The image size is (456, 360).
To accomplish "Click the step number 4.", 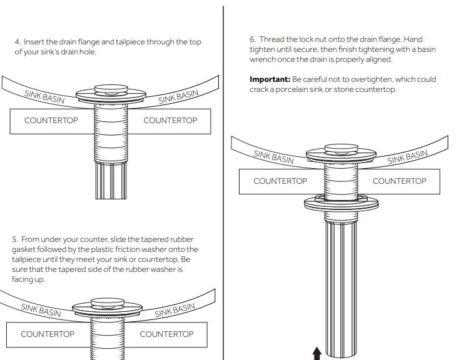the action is pyautogui.click(x=18, y=42).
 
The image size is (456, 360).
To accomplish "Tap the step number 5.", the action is pyautogui.click(x=15, y=239).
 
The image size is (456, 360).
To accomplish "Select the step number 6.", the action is pyautogui.click(x=253, y=39).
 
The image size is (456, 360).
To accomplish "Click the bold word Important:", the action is pyautogui.click(x=270, y=79).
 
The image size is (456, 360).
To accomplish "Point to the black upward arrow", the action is pyautogui.click(x=317, y=353).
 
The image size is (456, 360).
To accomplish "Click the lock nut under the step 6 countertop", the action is pyautogui.click(x=341, y=202).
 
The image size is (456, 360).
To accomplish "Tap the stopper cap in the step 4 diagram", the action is pyautogui.click(x=111, y=89).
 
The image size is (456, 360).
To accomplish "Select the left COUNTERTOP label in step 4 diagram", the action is pyautogui.click(x=51, y=120).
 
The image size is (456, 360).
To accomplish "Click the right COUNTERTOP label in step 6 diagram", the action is pyautogui.click(x=399, y=181).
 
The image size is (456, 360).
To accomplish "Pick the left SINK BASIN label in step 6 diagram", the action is pyautogui.click(x=273, y=157).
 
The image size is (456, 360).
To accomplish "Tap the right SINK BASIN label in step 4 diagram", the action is pyautogui.click(x=178, y=97).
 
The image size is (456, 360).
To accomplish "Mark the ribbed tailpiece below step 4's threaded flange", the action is pyautogui.click(x=111, y=180).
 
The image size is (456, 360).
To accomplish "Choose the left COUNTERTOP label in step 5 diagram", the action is pyautogui.click(x=48, y=334).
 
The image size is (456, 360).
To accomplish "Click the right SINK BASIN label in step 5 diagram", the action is pyautogui.click(x=175, y=311).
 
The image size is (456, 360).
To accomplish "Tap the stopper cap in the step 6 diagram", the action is pyautogui.click(x=341, y=149).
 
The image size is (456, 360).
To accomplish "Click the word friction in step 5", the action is pyautogui.click(x=128, y=249).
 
